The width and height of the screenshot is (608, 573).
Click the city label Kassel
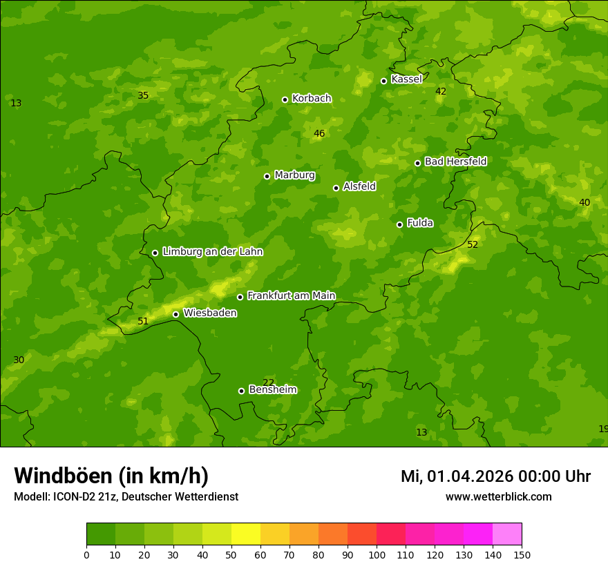pos(406,79)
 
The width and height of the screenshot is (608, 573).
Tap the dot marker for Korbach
pos(285,99)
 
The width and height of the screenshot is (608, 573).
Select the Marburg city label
pos(294,175)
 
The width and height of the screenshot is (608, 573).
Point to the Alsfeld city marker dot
pos(336,188)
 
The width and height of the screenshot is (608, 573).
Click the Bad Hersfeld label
pos(455,162)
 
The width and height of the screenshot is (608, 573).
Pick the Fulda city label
pos(420,223)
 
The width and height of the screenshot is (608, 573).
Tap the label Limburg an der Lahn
pos(212,252)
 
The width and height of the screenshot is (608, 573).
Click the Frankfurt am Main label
pos(291,295)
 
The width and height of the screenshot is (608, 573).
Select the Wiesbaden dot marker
pos(175,314)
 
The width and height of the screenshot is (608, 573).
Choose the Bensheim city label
pos(272,389)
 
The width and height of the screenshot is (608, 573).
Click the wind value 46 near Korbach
pos(319,133)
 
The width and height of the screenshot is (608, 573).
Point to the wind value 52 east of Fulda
pos(473,244)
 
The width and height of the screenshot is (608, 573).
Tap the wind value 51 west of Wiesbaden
pos(143,321)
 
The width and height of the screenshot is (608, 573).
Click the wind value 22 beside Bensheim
pos(269,382)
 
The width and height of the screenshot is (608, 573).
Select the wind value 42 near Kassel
pos(441,91)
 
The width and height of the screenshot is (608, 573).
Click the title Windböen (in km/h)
pos(111,476)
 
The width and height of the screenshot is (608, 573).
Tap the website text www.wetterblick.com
pos(498,496)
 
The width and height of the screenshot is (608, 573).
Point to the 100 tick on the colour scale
pos(377,554)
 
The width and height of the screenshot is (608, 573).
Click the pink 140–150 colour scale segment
pos(507,534)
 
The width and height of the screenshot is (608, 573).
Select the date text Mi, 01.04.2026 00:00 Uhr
pos(495,476)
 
